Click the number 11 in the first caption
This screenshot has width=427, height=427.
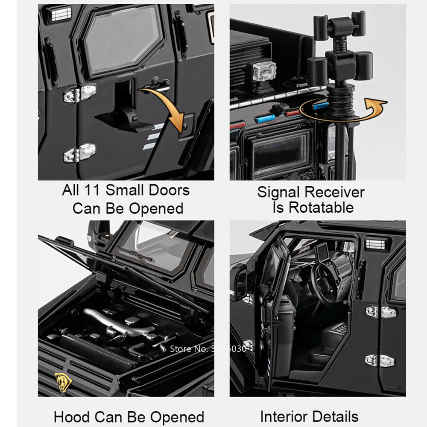click(92, 190)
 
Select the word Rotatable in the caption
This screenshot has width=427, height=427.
click(321, 208)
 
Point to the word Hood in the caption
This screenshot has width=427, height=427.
click(72, 417)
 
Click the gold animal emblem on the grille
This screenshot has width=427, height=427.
click(63, 381)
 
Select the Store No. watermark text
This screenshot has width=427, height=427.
click(208, 348)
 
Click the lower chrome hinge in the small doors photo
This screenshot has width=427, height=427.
click(79, 153)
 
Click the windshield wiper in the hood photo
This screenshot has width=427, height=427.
click(136, 254)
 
